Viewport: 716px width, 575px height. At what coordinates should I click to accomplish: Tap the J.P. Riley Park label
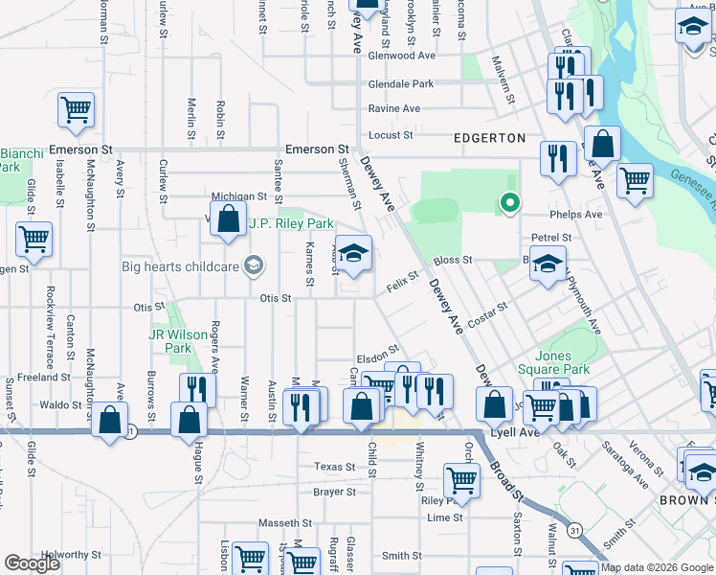click(291, 224)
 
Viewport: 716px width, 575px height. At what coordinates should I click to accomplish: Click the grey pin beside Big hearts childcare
click(254, 265)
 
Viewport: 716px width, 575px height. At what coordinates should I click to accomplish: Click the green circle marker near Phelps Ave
click(510, 202)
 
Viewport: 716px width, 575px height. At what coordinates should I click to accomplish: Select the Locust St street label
click(390, 135)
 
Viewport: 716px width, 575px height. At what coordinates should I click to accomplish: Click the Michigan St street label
click(238, 195)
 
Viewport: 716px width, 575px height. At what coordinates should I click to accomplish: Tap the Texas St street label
click(335, 467)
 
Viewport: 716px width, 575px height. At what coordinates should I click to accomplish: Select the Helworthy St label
click(65, 555)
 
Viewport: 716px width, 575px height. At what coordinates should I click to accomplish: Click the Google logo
click(33, 563)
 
